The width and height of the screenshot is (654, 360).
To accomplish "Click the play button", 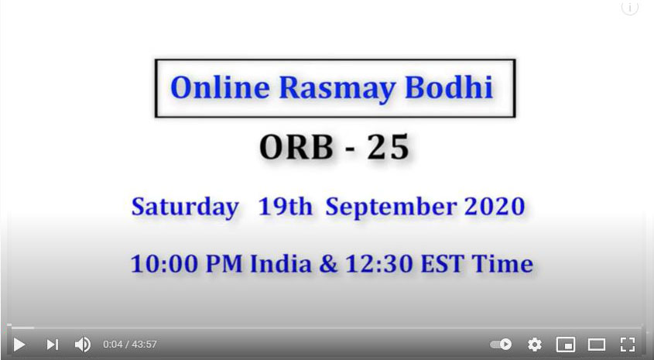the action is tap(19, 345).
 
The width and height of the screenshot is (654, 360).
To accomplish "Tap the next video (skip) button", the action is tap(53, 345).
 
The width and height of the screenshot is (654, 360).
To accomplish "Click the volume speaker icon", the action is tap(83, 345).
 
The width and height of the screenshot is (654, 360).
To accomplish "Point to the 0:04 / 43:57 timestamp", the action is tap(130, 345).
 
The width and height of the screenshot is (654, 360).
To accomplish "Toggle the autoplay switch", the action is tap(501, 345).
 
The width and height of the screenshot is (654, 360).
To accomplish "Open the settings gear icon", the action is tap(534, 345).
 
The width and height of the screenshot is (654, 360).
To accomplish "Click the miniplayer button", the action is tap(566, 345).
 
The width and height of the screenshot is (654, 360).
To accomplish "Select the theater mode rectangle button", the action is tap(597, 345).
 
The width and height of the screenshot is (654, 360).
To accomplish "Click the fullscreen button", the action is tap(628, 345).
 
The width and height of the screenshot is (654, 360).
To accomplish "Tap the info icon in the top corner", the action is tap(630, 7).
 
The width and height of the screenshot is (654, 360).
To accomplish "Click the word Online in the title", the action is tap(221, 87).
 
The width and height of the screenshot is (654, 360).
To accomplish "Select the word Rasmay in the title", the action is tap(337, 88).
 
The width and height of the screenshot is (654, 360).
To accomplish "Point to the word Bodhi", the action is tap(449, 87).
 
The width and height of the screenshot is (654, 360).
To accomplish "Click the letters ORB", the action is tap(296, 147).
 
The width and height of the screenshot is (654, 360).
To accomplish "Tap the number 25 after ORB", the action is tap(388, 147).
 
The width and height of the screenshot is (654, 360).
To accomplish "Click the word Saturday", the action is tap(185, 207).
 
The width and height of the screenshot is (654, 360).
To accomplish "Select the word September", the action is tap(391, 207).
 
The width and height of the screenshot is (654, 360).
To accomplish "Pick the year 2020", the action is tap(495, 207).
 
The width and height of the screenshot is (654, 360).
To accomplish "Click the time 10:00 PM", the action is tap(187, 264).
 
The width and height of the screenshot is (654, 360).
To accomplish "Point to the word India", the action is tap(281, 264).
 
